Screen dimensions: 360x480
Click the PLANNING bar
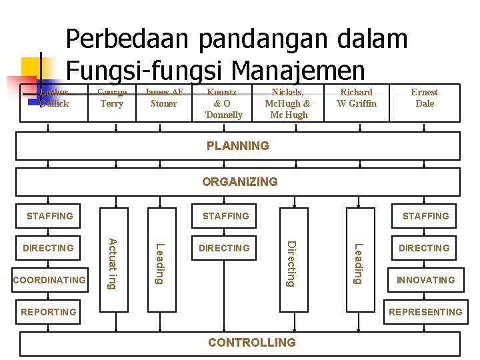tap(238, 146)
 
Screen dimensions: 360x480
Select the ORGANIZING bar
tap(239, 181)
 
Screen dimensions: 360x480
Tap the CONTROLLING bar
tap(251, 343)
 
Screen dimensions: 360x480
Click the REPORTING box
tap(49, 312)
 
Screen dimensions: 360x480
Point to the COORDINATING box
tap(49, 280)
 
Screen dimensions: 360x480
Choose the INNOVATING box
tap(425, 280)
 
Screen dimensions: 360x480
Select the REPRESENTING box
tap(425, 312)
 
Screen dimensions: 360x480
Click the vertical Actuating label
tap(113, 263)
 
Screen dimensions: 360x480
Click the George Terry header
tap(112, 98)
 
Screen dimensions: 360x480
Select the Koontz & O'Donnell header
tap(223, 103)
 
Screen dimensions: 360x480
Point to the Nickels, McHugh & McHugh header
tap(287, 103)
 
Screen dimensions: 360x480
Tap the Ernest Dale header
tap(424, 98)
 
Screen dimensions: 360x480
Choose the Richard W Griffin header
tap(357, 98)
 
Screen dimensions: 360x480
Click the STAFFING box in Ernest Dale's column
tap(425, 216)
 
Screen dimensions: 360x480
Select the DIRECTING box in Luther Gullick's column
tap(49, 248)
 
